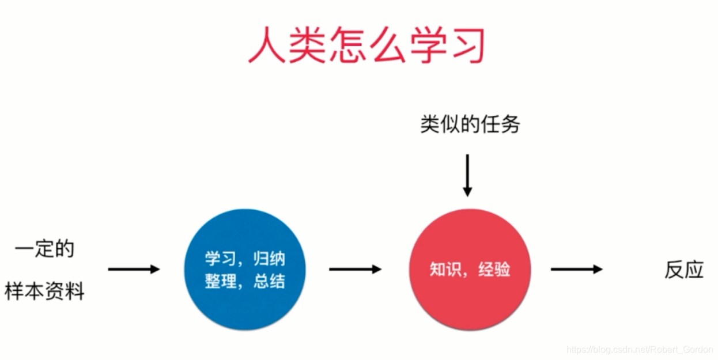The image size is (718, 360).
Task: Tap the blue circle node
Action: (x=245, y=269)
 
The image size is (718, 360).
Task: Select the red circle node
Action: (x=470, y=269)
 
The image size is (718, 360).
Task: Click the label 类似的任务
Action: (x=470, y=124)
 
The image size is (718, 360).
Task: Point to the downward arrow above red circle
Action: (x=467, y=175)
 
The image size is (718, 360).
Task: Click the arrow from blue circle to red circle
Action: (x=355, y=269)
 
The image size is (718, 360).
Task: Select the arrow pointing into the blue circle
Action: (x=134, y=269)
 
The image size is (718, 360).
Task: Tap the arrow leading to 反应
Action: (x=576, y=269)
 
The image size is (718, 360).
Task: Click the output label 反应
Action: (x=684, y=270)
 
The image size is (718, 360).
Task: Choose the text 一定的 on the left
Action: (x=44, y=249)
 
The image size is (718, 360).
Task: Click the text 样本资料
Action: (x=44, y=291)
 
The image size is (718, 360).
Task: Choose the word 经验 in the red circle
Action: (x=494, y=270)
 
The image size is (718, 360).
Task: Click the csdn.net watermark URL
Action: (x=640, y=350)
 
